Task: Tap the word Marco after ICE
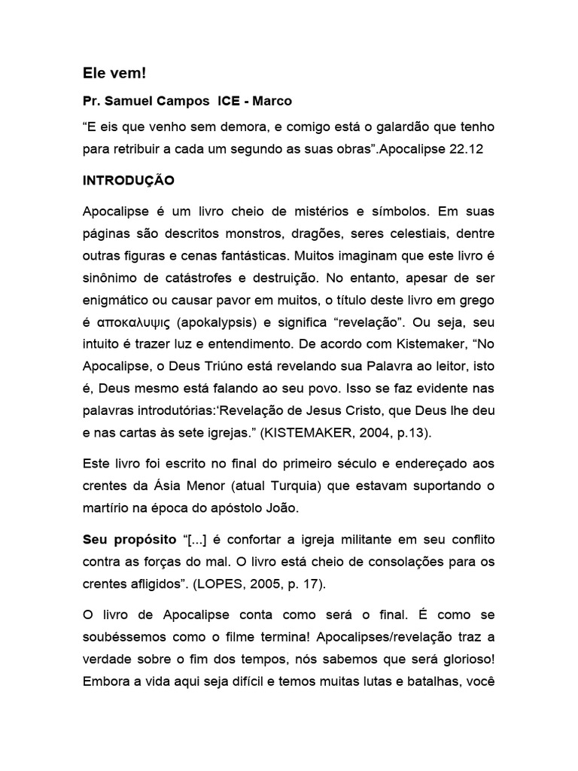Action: pos(274,100)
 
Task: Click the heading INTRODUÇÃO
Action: pos(128,181)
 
